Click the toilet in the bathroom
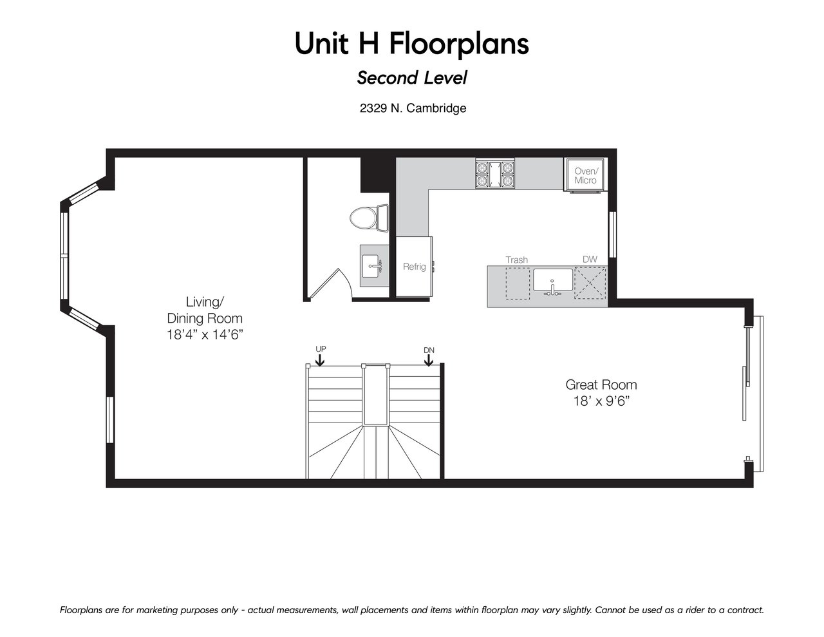(x=369, y=218)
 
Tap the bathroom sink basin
(x=370, y=266)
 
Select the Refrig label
(x=414, y=267)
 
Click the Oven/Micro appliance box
(x=585, y=175)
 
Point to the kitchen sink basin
(x=553, y=280)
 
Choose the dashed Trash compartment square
(x=518, y=283)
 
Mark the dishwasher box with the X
(x=590, y=283)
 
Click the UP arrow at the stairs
(x=320, y=360)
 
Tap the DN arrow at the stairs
(x=429, y=360)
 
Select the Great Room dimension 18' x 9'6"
(x=601, y=401)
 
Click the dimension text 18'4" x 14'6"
(x=205, y=335)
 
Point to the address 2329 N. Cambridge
(x=413, y=108)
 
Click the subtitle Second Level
(x=412, y=78)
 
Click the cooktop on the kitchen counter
(x=495, y=173)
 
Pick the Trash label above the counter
(x=516, y=260)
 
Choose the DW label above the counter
(x=590, y=260)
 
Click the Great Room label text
(x=601, y=385)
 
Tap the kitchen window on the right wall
(x=612, y=234)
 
